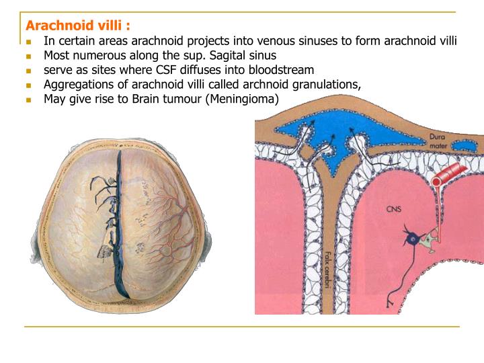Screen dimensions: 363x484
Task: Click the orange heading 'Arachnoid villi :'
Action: [78, 26]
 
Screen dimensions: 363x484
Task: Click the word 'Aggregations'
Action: [78, 85]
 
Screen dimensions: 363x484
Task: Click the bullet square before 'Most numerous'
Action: [29, 56]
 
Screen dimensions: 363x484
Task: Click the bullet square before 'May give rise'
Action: [29, 100]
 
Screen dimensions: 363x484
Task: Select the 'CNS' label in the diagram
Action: [395, 209]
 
